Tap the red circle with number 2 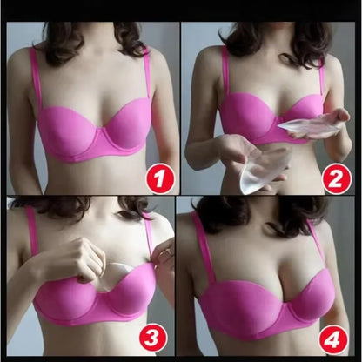pyautogui.click(x=336, y=178)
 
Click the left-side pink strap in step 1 pyautogui.click(x=37, y=78)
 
